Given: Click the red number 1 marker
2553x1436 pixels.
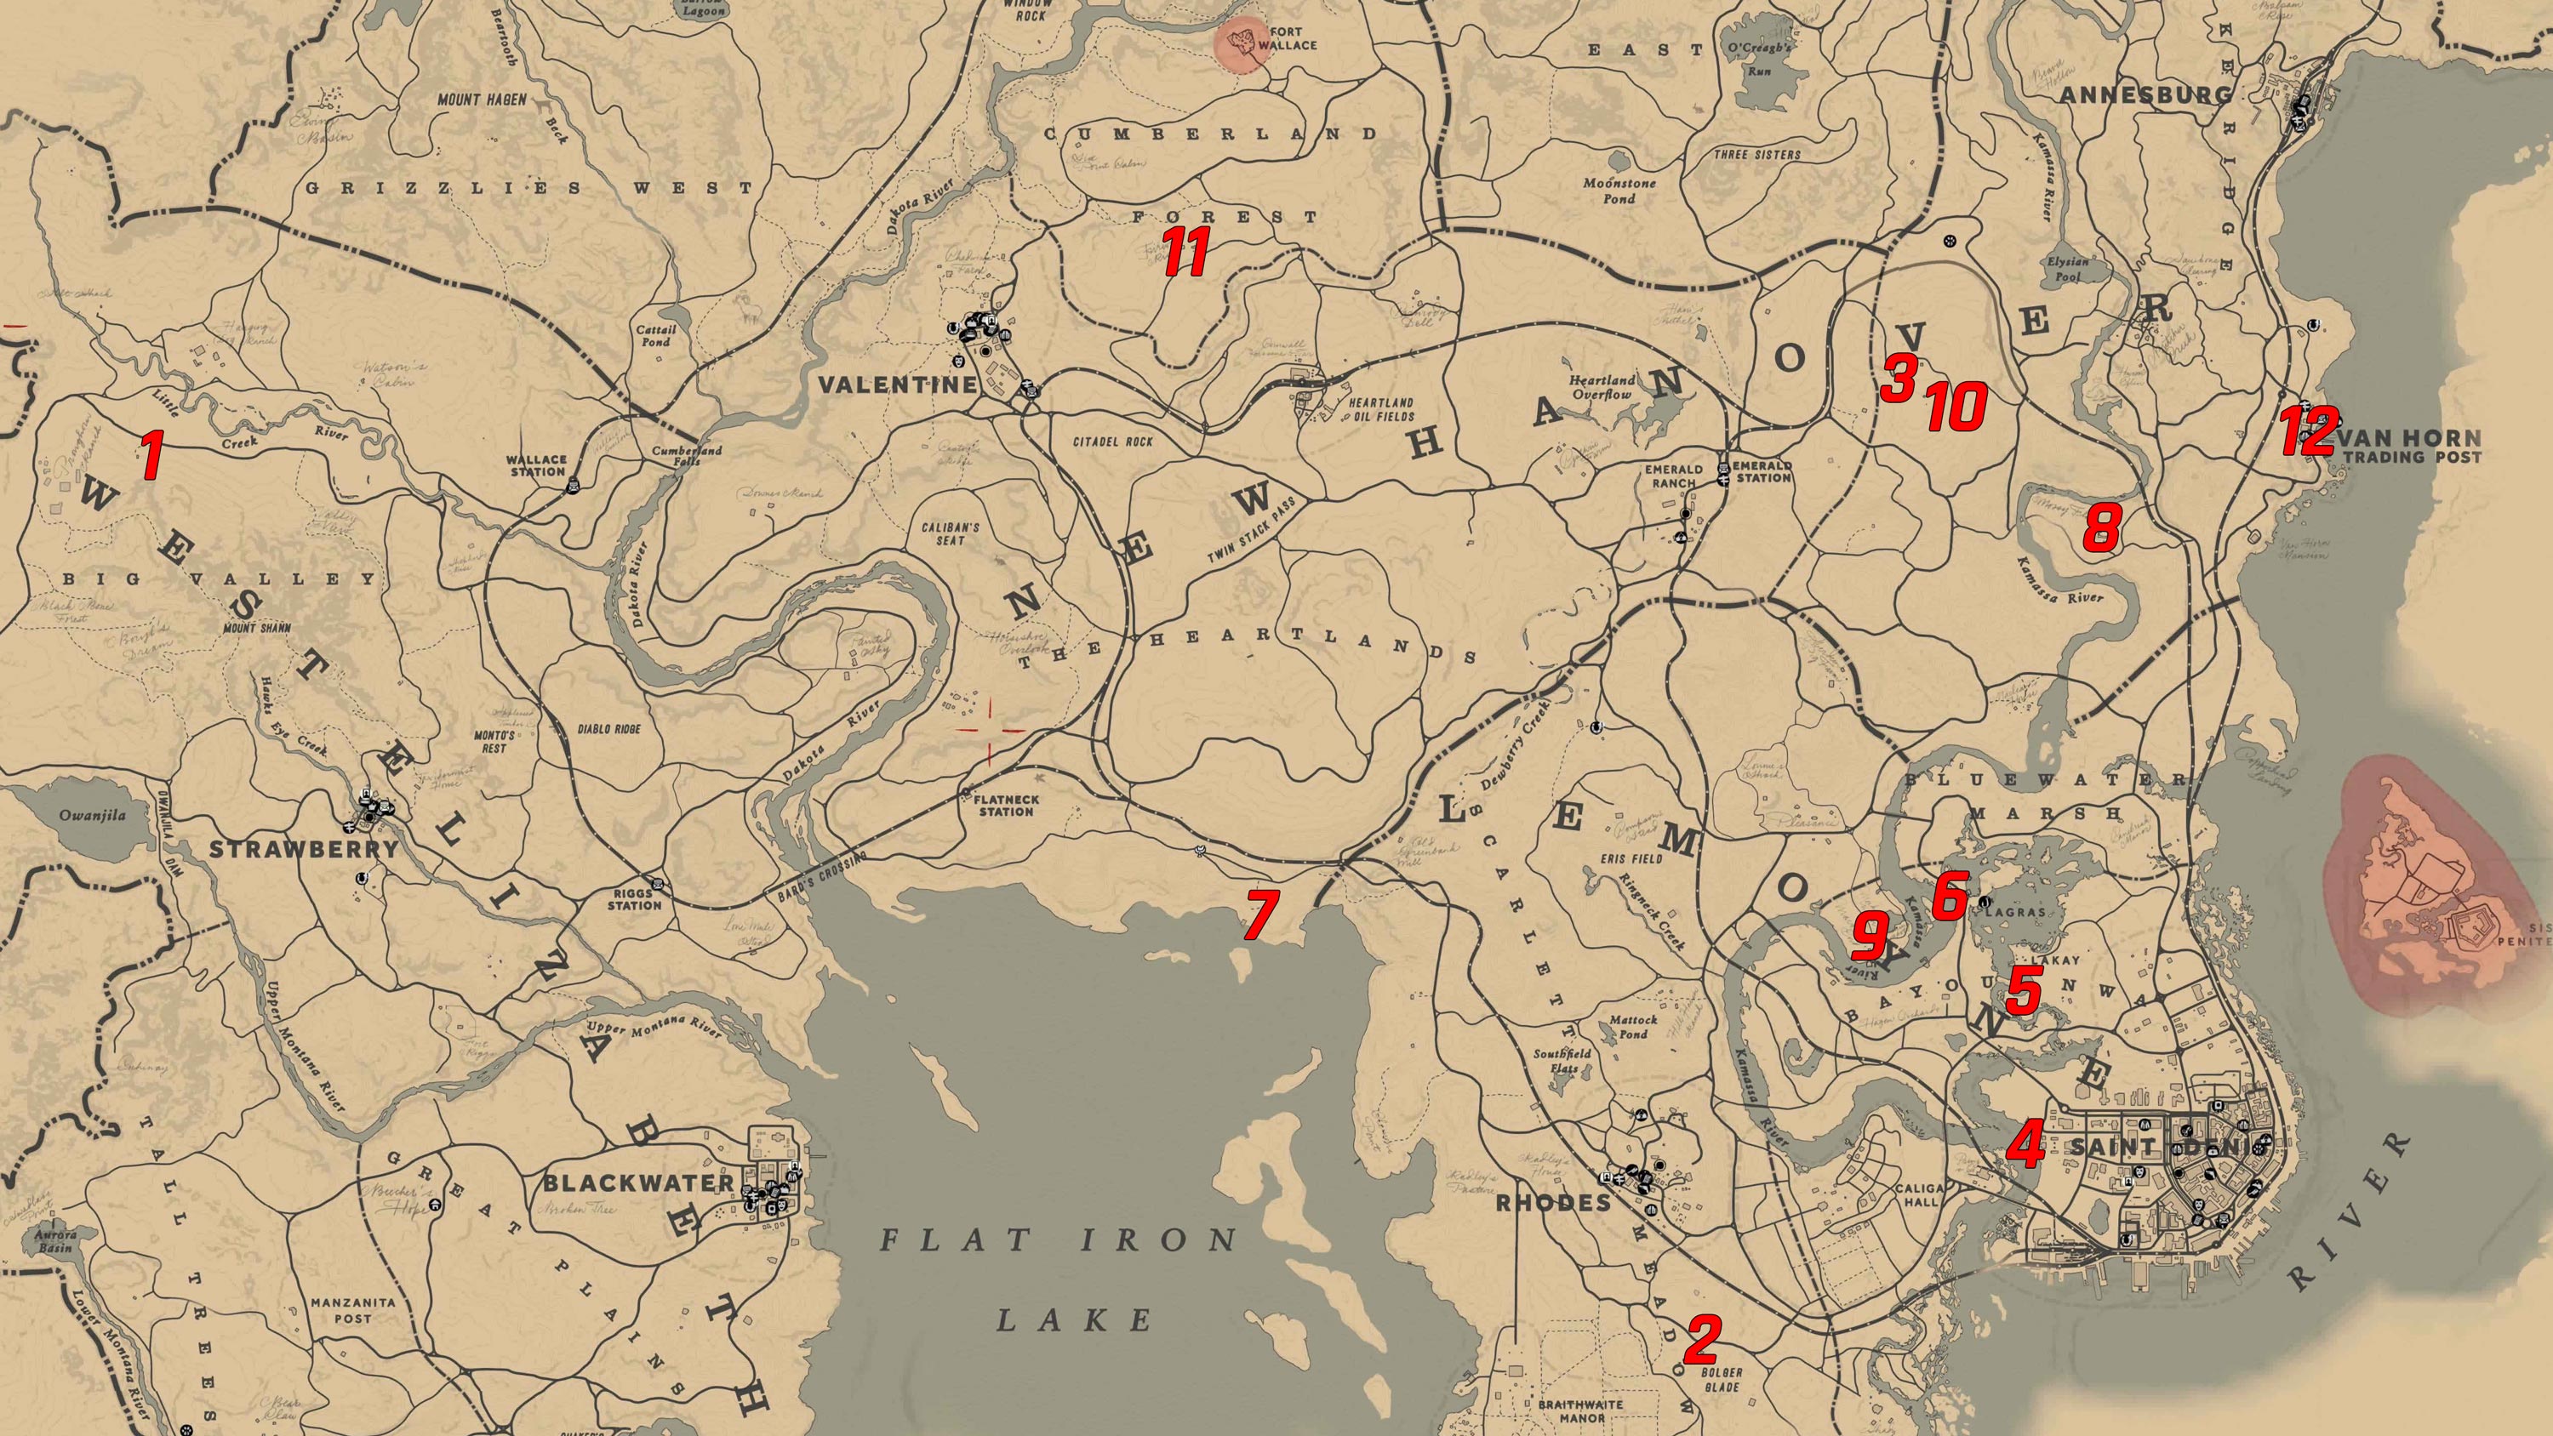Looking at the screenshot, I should click(x=150, y=455).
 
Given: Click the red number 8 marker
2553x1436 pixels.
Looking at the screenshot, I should click(x=2101, y=527).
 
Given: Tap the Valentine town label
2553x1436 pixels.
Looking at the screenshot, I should click(x=897, y=385).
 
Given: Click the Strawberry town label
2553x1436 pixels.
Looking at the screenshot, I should click(x=303, y=849).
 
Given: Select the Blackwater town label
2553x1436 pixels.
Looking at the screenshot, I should click(x=638, y=1183).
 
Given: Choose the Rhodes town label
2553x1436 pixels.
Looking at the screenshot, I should click(x=1553, y=1203).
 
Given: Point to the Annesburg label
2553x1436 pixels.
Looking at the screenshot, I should click(x=2145, y=96).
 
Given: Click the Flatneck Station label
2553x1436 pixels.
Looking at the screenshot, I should click(x=1006, y=805).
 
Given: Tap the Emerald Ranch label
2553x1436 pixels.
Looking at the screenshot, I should click(x=1674, y=476).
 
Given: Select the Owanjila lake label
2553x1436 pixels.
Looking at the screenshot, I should click(x=92, y=816).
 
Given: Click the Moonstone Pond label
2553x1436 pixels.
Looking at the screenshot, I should click(x=1619, y=191).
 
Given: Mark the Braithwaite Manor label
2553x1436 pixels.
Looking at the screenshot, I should click(x=1581, y=1410).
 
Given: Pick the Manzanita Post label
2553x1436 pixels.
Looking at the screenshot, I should click(x=353, y=1310).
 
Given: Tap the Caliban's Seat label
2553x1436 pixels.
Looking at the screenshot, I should click(x=951, y=533).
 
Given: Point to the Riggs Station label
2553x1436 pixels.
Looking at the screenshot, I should click(x=634, y=899).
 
